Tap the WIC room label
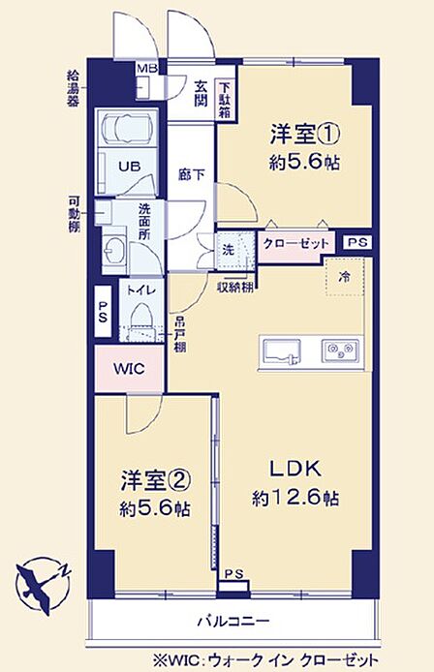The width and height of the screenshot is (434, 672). (129, 369)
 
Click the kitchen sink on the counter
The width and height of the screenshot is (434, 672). (282, 351)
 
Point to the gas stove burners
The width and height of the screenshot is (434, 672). (340, 351)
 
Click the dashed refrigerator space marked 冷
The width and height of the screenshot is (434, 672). (345, 277)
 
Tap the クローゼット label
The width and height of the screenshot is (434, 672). (295, 244)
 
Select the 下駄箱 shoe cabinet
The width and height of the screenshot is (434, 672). (226, 100)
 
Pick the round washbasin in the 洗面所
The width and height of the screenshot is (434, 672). (113, 253)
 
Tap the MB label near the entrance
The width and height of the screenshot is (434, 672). (146, 69)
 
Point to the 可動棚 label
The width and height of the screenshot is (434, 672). (75, 214)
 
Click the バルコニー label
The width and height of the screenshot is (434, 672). (233, 621)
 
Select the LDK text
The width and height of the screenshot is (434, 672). (295, 470)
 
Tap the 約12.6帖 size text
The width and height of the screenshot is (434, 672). (295, 498)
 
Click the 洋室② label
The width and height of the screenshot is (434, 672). (155, 481)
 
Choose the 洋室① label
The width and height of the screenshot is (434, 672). (305, 135)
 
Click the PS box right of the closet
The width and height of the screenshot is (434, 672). (357, 243)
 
